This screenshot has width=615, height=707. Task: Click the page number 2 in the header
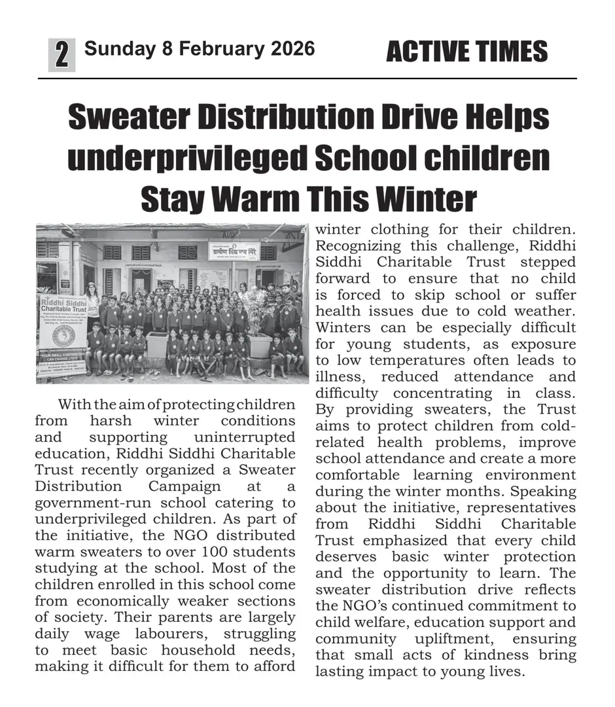tap(61, 54)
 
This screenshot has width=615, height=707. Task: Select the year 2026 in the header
tap(290, 48)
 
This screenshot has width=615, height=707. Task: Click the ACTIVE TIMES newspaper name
tap(466, 52)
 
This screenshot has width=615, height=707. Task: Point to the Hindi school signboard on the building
tap(234, 251)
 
